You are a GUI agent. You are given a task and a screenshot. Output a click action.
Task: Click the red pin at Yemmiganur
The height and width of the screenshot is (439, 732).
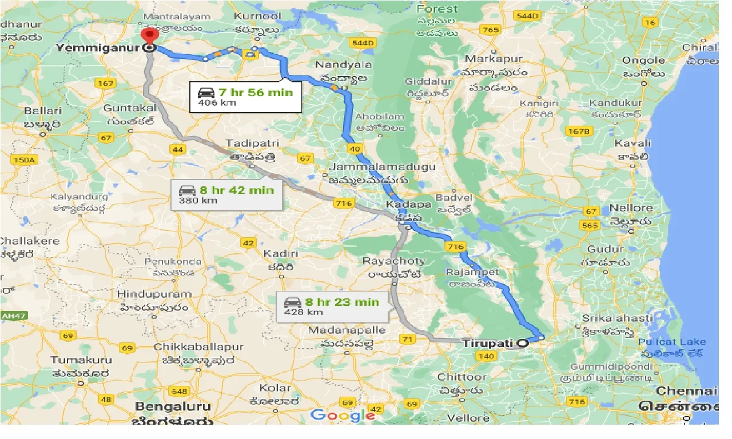coord(149,36)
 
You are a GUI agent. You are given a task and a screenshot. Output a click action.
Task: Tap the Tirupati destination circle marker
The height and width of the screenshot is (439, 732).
coord(522,344)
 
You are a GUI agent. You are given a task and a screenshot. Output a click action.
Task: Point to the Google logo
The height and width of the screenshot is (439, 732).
coord(343,416)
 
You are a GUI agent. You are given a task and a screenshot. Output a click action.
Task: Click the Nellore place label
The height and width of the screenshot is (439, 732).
coord(631,208)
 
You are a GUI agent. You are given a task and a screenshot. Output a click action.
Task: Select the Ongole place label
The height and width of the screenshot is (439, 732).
coord(643,60)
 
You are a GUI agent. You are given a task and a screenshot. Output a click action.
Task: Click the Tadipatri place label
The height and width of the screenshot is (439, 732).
coord(246,143)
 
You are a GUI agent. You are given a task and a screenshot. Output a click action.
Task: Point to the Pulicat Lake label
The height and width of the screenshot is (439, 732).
coord(672,342)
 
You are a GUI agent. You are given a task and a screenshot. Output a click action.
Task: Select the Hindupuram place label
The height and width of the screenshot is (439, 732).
coord(154,294)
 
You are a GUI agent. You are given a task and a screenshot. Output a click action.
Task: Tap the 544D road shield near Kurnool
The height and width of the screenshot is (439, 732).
coord(362,43)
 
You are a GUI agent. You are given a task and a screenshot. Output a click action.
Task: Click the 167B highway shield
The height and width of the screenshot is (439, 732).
coord(578,131)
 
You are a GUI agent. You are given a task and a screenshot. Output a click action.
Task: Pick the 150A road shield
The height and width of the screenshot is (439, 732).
coord(25,160)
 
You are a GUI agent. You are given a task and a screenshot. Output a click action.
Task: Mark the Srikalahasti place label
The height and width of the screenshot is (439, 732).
coord(616,318)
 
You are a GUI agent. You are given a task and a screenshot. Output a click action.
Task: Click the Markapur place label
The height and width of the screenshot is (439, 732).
coord(494,59)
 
